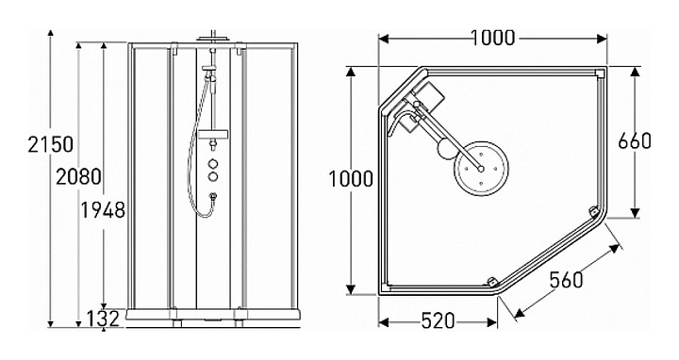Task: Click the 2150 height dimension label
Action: (x=51, y=144)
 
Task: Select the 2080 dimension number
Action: (x=79, y=176)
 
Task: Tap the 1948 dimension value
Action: (x=103, y=210)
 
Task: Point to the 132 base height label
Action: (x=103, y=319)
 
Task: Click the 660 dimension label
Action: (x=635, y=141)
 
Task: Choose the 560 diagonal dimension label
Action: (x=567, y=280)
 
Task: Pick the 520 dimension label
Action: (x=438, y=321)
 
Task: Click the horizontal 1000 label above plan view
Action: (x=492, y=38)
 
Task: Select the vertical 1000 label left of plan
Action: (x=351, y=179)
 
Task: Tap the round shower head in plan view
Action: (x=481, y=169)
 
